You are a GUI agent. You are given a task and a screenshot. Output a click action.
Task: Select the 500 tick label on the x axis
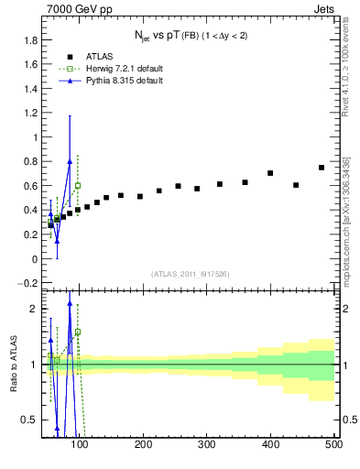tap(333, 445)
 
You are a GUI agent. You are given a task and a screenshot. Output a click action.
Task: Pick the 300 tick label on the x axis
tap(206, 445)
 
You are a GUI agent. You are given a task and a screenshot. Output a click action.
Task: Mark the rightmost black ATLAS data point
tap(321, 168)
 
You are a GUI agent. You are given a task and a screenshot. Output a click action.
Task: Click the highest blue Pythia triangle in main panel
tap(70, 162)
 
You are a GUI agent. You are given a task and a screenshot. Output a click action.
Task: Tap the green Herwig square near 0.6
tap(78, 186)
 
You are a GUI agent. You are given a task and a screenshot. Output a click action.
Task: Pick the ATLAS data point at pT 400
tap(270, 173)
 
